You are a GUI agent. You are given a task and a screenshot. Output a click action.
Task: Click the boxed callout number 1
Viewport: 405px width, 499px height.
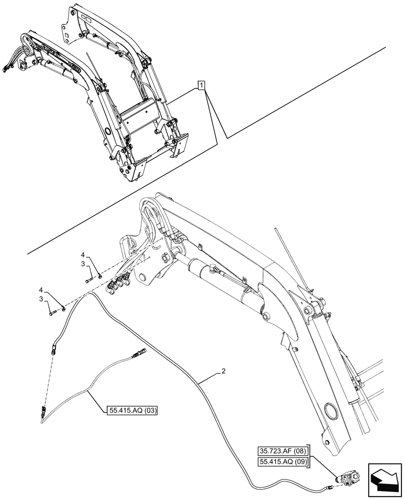pos(201,86)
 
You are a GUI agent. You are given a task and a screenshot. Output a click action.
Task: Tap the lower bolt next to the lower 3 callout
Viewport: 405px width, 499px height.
pos(51,313)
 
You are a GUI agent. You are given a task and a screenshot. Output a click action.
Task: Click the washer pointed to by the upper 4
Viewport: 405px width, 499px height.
pos(100,273)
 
